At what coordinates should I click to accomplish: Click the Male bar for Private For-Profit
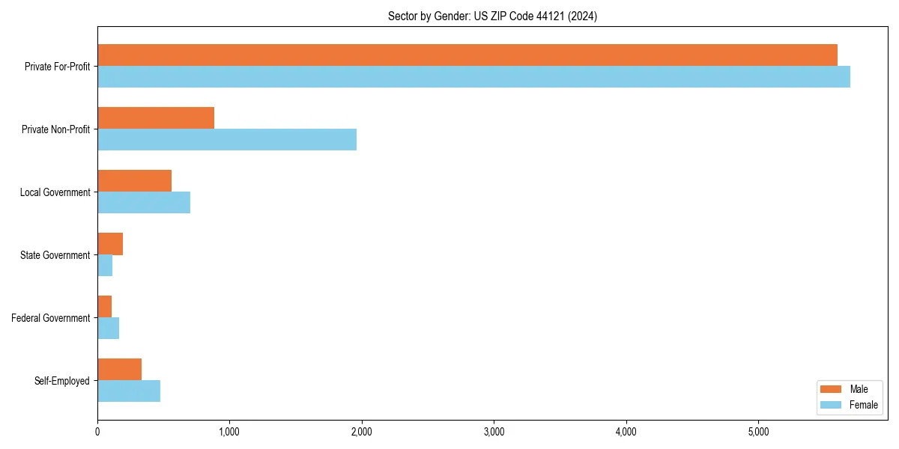pos(467,55)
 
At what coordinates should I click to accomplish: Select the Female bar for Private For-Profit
pos(473,77)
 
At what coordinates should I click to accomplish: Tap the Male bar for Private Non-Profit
pos(156,118)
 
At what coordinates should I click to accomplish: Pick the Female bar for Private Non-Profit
pos(227,140)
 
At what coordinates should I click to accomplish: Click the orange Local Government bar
pos(135,181)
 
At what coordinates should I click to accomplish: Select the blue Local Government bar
pos(144,203)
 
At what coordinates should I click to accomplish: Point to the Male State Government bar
pos(110,244)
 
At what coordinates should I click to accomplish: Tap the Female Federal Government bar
pos(109,329)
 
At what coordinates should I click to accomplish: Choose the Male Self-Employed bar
pos(120,370)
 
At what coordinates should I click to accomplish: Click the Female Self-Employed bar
pos(129,391)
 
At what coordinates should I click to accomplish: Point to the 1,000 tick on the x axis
pos(229,432)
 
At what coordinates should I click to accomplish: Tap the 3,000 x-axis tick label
pos(494,432)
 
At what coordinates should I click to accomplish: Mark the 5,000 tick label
pos(758,432)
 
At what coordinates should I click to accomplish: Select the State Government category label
pos(55,255)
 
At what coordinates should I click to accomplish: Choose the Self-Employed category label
pos(62,381)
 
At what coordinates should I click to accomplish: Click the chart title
pos(492,16)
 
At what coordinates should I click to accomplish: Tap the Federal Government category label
pos(51,318)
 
